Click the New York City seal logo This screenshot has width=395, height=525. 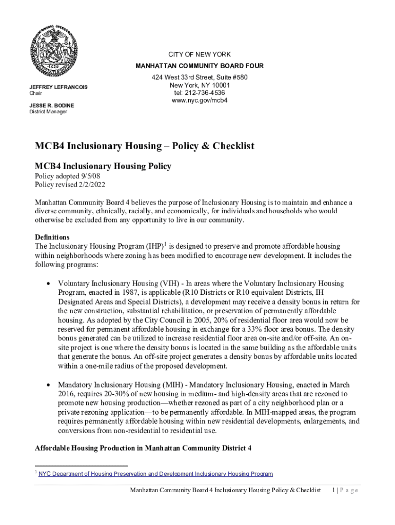coord(53,50)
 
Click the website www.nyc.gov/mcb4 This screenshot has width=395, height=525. coord(199,100)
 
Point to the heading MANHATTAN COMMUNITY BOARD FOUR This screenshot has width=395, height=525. coord(199,66)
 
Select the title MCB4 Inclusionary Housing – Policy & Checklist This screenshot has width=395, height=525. coord(144,146)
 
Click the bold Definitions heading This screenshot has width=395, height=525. coord(52,237)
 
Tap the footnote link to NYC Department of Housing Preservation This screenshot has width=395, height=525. coord(156,474)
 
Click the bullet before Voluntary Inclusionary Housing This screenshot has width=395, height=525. coord(48,284)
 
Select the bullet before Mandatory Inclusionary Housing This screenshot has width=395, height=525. coord(48,385)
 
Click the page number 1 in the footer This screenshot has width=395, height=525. coord(334,490)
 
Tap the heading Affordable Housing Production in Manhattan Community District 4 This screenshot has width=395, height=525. coord(143,448)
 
